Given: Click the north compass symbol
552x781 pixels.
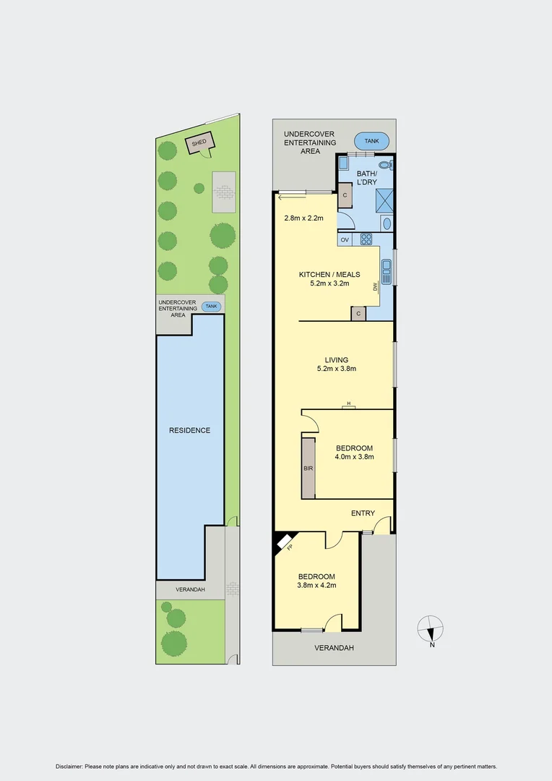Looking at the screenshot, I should (x=431, y=628).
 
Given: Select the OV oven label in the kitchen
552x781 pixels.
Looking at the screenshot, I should (x=345, y=239).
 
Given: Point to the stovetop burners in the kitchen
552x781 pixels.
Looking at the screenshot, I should (x=366, y=239).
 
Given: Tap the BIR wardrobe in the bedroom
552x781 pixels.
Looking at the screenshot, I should (x=309, y=468).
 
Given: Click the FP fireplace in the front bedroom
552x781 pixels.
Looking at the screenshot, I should (x=288, y=543).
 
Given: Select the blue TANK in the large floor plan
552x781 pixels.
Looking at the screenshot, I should (x=371, y=141).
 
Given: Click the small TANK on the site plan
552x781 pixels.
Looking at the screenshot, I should (x=212, y=306).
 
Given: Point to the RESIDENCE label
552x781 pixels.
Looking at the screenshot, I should (x=190, y=430).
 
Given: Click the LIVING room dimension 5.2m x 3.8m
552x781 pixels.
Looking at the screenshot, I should (x=337, y=369).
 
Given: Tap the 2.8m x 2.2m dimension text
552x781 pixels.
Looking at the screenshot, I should (x=304, y=218).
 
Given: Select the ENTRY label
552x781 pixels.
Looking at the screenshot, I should (x=363, y=513).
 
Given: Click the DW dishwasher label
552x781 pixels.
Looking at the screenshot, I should (x=376, y=286).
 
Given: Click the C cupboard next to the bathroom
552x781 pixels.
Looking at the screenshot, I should (x=345, y=195).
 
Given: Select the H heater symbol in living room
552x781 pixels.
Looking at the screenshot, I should (x=349, y=405).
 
